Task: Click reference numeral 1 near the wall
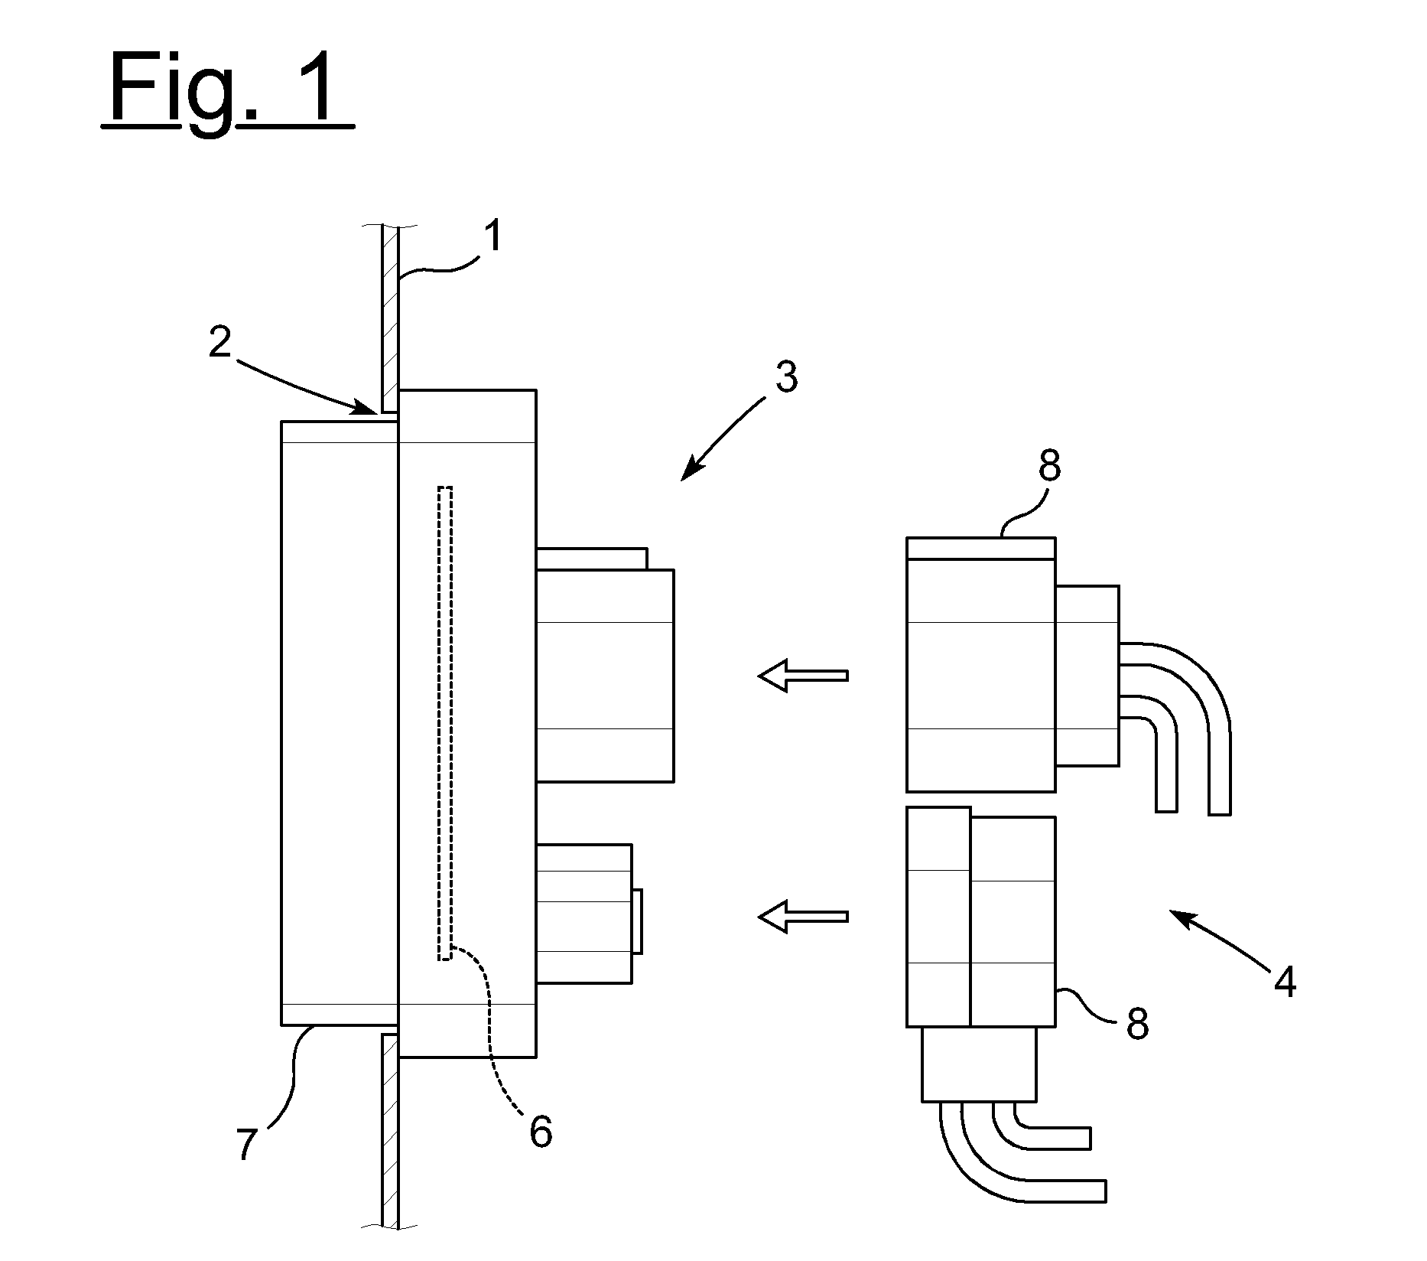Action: click(x=495, y=236)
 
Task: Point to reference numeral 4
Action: click(x=1285, y=982)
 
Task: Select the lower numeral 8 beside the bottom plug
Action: click(x=1138, y=1024)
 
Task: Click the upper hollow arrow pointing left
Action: click(x=803, y=676)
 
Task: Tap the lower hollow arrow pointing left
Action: click(x=803, y=916)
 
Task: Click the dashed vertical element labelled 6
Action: click(x=445, y=722)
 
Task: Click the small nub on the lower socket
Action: click(x=637, y=921)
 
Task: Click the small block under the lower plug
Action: click(x=980, y=1064)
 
